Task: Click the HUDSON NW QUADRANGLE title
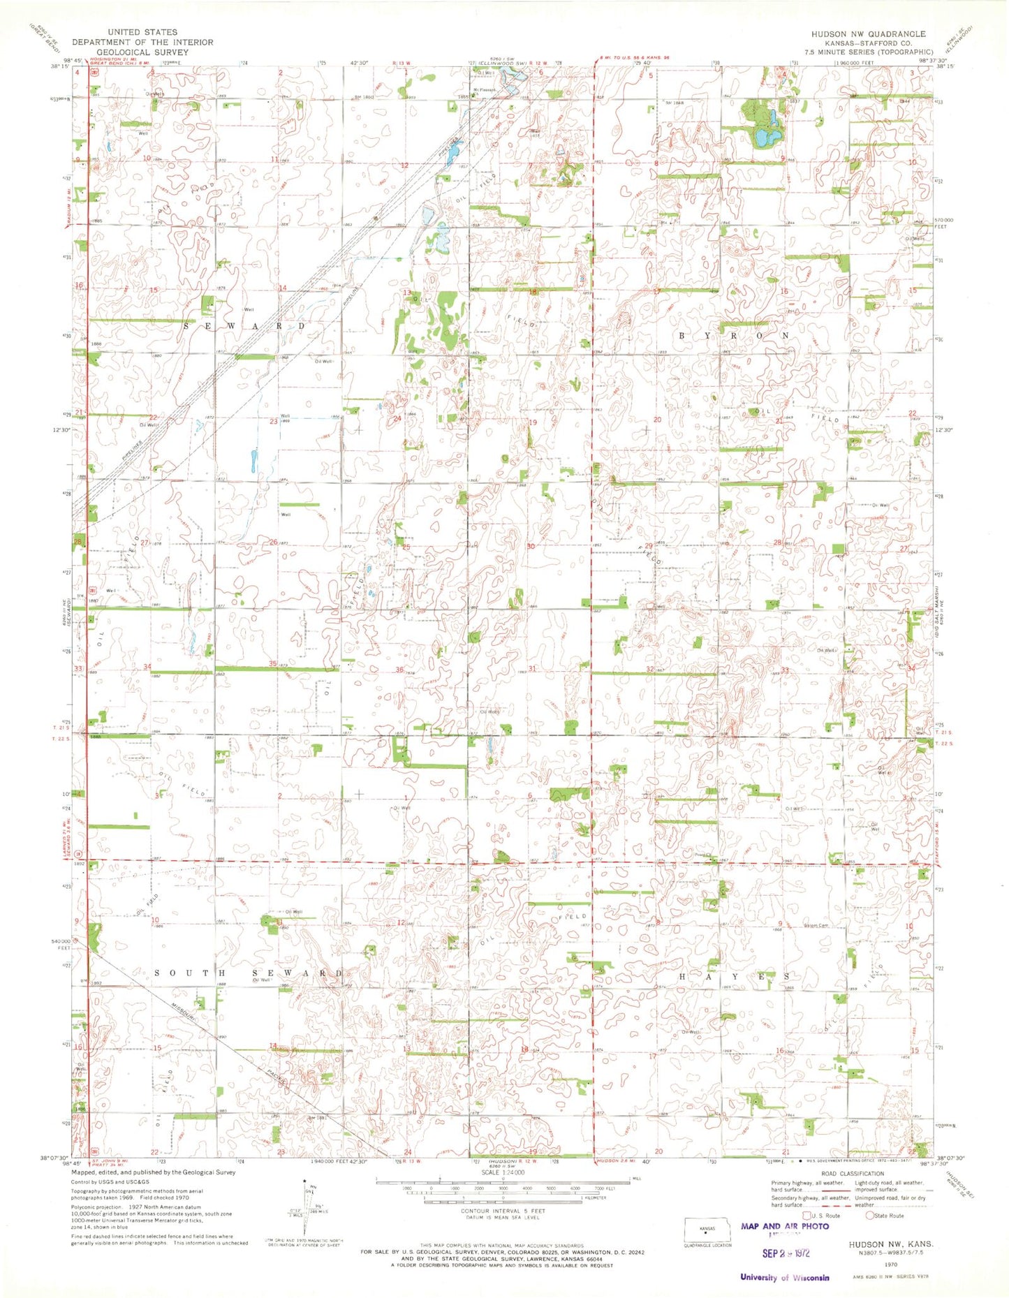tap(868, 34)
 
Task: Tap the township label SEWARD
tap(244, 326)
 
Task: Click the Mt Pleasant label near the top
tap(484, 89)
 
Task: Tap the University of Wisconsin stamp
tap(784, 1277)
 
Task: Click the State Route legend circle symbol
tap(869, 1216)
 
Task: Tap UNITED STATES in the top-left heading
tap(142, 32)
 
